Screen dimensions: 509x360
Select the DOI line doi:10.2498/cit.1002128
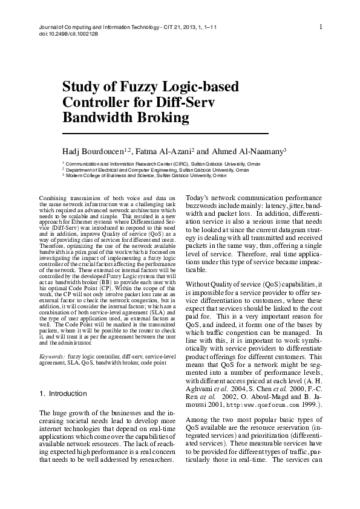[x=58, y=34]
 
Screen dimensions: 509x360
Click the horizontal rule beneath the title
[x=165, y=132]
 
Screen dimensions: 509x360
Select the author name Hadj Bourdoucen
[x=94, y=151]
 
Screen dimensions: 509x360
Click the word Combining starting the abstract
[x=54, y=198]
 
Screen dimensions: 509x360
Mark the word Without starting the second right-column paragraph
[x=200, y=284]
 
